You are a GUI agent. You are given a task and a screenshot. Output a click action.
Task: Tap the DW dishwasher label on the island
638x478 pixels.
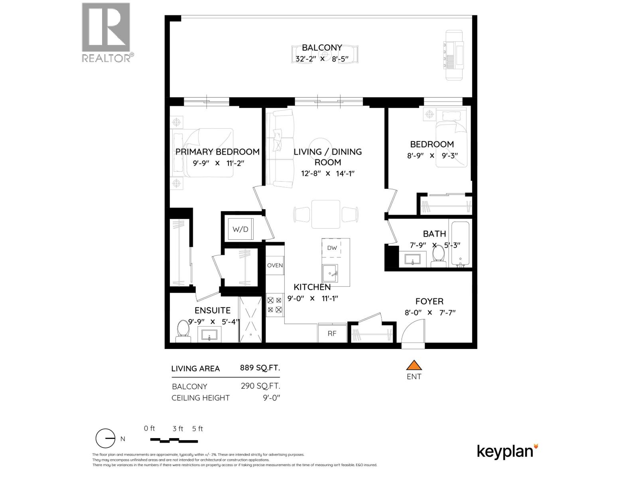click(x=332, y=248)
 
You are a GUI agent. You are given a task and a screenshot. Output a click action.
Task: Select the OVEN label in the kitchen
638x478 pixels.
click(x=275, y=265)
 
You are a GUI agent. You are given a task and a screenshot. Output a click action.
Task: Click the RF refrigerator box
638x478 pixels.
click(x=332, y=333)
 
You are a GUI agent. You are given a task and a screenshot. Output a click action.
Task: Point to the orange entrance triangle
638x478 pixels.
click(x=414, y=365)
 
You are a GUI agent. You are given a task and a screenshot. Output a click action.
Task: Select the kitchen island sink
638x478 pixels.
click(x=330, y=274)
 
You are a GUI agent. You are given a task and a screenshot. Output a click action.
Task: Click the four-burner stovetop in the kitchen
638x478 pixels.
click(x=275, y=304)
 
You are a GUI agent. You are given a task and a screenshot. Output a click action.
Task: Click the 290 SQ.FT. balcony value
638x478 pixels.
click(x=260, y=386)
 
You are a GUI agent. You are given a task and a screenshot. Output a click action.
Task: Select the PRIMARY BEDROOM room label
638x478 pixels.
click(x=217, y=152)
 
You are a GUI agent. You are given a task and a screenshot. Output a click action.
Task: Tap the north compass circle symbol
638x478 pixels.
click(x=106, y=439)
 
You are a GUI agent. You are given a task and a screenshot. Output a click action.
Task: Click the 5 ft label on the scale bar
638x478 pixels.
click(x=197, y=429)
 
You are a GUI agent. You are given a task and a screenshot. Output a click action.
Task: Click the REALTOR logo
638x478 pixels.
click(x=107, y=32)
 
